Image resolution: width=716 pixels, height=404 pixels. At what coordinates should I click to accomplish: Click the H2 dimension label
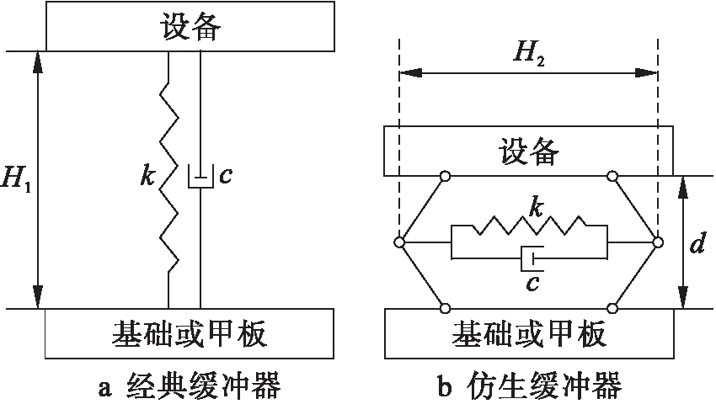(528, 55)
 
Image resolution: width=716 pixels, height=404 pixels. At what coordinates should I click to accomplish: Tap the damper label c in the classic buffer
(224, 177)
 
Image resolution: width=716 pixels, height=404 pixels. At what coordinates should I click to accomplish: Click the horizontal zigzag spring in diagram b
(529, 226)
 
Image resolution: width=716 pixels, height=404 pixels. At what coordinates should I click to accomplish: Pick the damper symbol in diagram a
(200, 178)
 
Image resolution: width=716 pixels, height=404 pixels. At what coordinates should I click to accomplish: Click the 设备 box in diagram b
(527, 151)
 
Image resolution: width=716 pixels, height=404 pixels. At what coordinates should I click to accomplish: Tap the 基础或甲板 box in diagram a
(189, 333)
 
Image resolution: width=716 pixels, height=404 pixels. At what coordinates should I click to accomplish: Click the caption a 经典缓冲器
(189, 387)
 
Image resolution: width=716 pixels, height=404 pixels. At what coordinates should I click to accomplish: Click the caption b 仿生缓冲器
(529, 387)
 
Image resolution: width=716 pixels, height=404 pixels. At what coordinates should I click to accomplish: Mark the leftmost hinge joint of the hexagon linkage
(399, 242)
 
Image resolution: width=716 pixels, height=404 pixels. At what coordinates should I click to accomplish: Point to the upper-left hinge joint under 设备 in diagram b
(445, 176)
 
